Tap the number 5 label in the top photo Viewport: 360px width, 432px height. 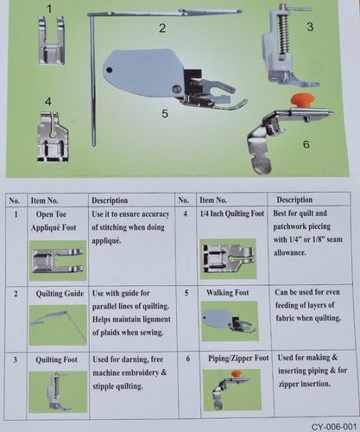coord(165,113)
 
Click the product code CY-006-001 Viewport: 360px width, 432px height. coord(334,427)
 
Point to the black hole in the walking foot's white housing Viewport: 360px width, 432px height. coord(109,70)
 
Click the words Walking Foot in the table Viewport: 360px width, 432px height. coord(227,293)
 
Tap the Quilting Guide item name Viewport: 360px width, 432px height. coord(60,294)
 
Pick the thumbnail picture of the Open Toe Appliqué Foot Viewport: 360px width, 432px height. coord(58,261)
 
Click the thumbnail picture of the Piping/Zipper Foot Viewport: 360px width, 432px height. coord(232,390)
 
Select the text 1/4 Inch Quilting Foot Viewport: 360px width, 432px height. coord(232,213)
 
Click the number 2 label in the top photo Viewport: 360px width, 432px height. coord(162,29)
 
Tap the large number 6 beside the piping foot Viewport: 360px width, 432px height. coord(306,144)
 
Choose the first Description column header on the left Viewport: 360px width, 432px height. coord(110,200)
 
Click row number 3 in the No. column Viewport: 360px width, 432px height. coord(16,359)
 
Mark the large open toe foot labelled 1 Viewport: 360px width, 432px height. coord(51,41)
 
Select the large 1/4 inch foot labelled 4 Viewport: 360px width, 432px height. coord(53,137)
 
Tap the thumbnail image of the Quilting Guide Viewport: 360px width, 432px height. coord(58,325)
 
